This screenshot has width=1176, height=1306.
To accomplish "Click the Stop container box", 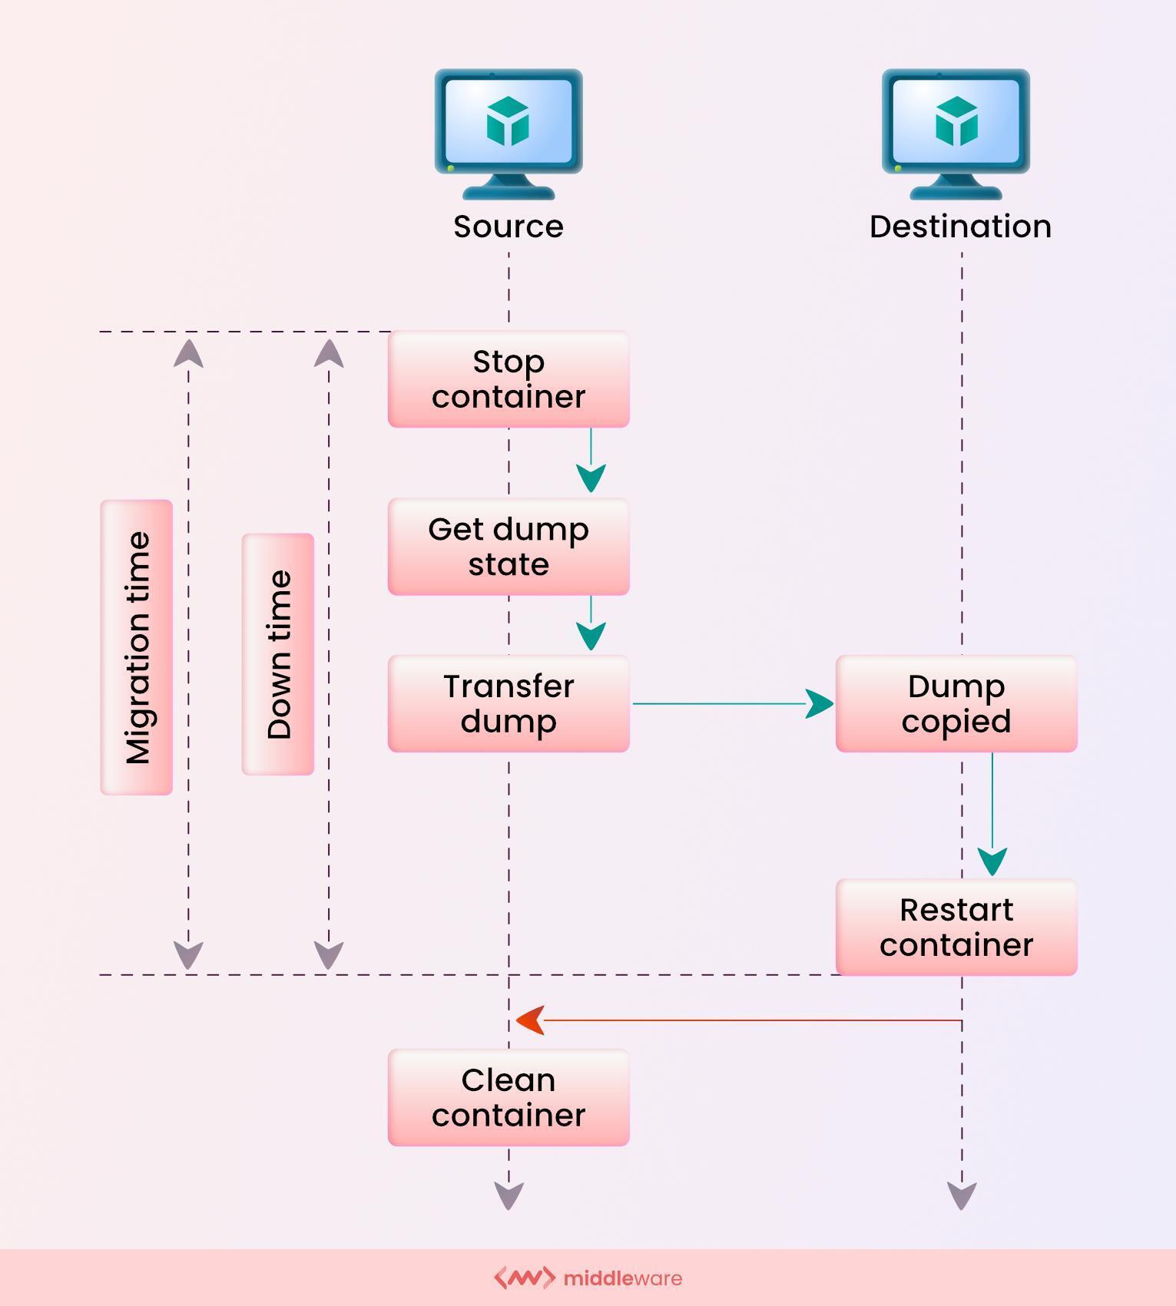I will coord(508,379).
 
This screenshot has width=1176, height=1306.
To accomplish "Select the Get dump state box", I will coord(508,547).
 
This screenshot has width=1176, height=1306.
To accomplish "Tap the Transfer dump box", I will coord(508,703).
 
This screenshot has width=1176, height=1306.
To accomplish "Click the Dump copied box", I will coord(956,703).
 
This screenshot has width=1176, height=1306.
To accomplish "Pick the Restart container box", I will coord(956,927).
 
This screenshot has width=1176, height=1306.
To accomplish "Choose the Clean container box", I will coord(508,1097).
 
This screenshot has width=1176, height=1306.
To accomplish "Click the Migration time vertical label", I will coord(137,647).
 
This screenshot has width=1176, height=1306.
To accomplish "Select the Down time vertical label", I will coord(278,654).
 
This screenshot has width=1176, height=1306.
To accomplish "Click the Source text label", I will coord(508,226).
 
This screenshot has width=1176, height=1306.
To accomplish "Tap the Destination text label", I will coord(960,226).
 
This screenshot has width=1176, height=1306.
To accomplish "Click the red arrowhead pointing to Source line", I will coord(531,1020).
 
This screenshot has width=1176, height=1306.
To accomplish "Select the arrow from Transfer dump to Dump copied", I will coord(730,703).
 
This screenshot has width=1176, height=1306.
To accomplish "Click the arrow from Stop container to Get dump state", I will coord(591,461).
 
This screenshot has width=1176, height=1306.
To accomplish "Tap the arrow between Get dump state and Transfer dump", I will coord(591,623).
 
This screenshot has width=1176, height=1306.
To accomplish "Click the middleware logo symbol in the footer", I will coord(524,1278).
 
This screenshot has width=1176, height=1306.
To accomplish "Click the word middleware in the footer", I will coord(622,1278).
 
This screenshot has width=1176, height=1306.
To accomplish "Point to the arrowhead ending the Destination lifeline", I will coord(962,1195).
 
